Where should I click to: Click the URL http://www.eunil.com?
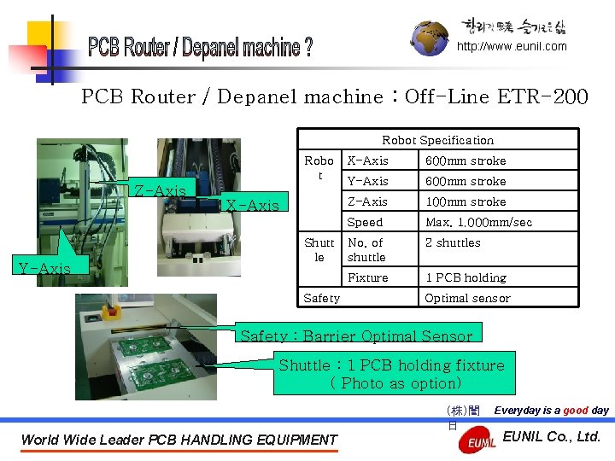pyautogui.click(x=512, y=47)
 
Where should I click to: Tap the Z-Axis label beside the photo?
pyautogui.click(x=160, y=190)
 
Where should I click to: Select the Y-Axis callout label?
pyautogui.click(x=44, y=268)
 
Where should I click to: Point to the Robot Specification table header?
pyautogui.click(x=437, y=140)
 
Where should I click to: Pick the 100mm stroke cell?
pyautogui.click(x=466, y=202)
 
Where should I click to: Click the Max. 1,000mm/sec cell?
pyautogui.click(x=478, y=223)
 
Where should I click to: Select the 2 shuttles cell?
pyautogui.click(x=453, y=243)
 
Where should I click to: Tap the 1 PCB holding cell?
pyautogui.click(x=466, y=277)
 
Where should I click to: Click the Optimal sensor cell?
pyautogui.click(x=467, y=298)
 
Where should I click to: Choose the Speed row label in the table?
pyautogui.click(x=365, y=223)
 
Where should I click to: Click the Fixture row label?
pyautogui.click(x=368, y=277)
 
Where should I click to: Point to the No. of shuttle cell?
pyautogui.click(x=366, y=250)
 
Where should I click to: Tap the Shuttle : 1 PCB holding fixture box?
pyautogui.click(x=395, y=373)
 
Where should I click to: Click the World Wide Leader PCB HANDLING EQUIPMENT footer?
pyautogui.click(x=179, y=441)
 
